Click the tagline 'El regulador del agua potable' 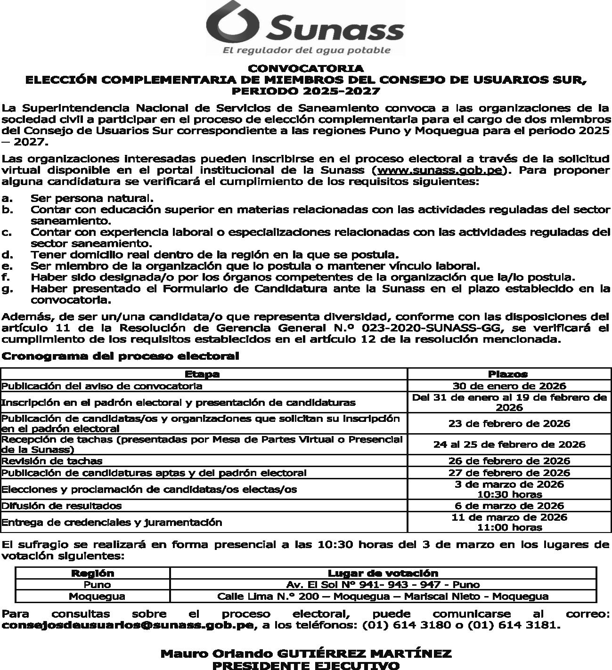coord(306,50)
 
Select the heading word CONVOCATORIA coord(306,69)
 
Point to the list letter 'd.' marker coord(7,255)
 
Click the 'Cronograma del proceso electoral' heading coord(121,356)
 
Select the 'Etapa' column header coord(202,374)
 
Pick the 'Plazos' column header coord(508,374)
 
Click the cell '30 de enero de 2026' coord(509,386)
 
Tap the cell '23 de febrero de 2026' coord(509,423)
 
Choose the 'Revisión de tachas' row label coord(52,461)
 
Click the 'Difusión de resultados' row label coord(62,506)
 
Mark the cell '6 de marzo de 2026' coord(509,506)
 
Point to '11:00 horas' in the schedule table coord(509,528)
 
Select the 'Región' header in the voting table coord(92,573)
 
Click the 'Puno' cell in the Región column coord(97,585)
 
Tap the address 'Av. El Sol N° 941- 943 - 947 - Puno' coord(383,585)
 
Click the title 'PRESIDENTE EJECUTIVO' coord(306,665)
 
